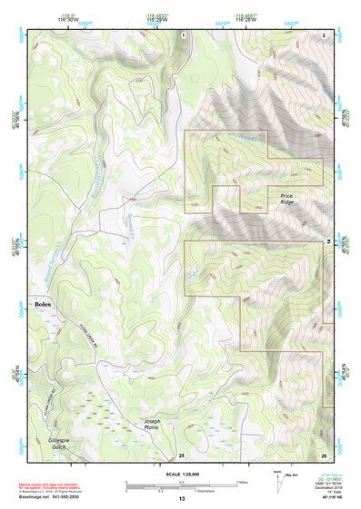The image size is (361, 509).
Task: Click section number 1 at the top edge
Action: pyautogui.click(x=183, y=34)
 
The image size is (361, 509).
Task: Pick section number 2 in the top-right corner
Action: pyautogui.click(x=325, y=34)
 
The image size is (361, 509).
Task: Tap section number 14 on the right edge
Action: pyautogui.click(x=327, y=239)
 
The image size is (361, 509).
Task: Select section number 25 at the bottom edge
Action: pyautogui.click(x=182, y=454)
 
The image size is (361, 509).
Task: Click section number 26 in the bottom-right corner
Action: pyautogui.click(x=324, y=454)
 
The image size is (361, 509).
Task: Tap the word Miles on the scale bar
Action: pyautogui.click(x=240, y=482)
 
